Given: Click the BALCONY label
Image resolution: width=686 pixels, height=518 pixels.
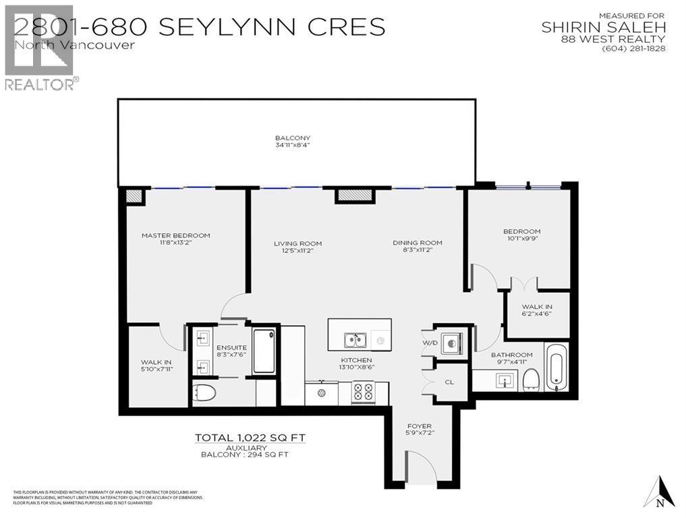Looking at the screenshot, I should (x=292, y=138).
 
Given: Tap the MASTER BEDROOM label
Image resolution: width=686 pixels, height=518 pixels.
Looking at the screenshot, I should (x=175, y=235).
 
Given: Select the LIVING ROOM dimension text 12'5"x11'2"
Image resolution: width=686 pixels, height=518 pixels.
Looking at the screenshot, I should (x=297, y=250).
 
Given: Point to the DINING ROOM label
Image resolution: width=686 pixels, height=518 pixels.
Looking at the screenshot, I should (x=418, y=243).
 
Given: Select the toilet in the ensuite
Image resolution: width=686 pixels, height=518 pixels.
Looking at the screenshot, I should (x=204, y=393).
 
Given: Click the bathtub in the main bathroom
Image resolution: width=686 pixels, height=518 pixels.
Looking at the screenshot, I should (x=556, y=368).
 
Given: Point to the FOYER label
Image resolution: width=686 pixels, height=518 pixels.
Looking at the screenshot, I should (x=419, y=426).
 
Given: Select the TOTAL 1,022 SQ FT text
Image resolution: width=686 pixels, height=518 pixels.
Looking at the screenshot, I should (x=250, y=438).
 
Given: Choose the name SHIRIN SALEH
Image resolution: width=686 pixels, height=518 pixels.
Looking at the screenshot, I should (x=604, y=28).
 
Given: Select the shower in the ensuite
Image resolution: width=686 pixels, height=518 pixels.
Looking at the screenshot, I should (x=264, y=350).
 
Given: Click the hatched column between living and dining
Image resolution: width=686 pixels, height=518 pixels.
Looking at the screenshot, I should (x=355, y=195).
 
